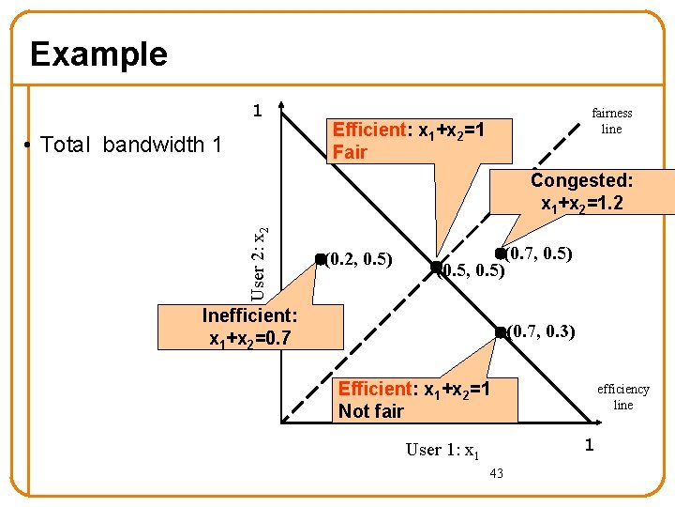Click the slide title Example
[98, 54]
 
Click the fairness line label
[611, 121]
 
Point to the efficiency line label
[622, 396]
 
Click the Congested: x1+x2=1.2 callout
[581, 192]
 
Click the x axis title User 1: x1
[442, 450]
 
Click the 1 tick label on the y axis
[257, 111]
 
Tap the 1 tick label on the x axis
[590, 444]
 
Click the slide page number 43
[496, 473]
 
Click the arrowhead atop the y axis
[280, 106]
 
